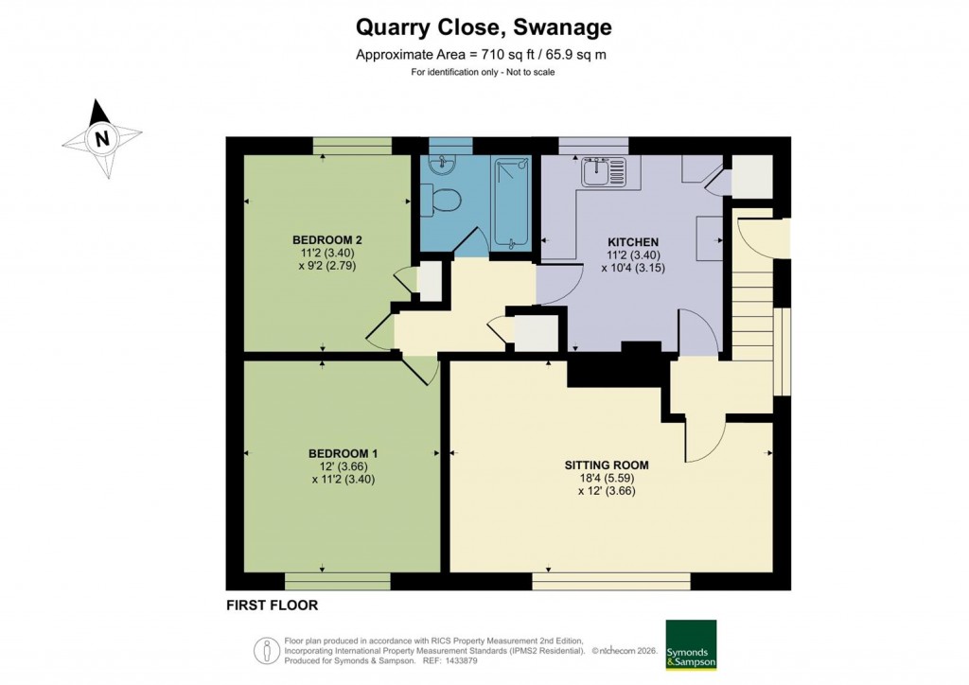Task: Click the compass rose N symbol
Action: click(x=102, y=140)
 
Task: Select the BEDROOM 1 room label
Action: click(x=329, y=453)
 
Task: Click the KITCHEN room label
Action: click(x=632, y=241)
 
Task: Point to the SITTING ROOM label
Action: click(x=606, y=465)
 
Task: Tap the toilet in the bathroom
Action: click(x=443, y=200)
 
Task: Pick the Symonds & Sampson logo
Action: click(x=691, y=645)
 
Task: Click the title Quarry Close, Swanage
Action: click(x=484, y=26)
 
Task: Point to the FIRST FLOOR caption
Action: click(x=272, y=605)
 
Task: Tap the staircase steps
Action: click(x=752, y=303)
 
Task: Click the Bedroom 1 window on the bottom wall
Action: click(x=337, y=580)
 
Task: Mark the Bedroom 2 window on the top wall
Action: click(x=352, y=145)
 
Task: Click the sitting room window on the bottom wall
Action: click(x=610, y=580)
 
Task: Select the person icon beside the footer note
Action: click(x=266, y=651)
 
